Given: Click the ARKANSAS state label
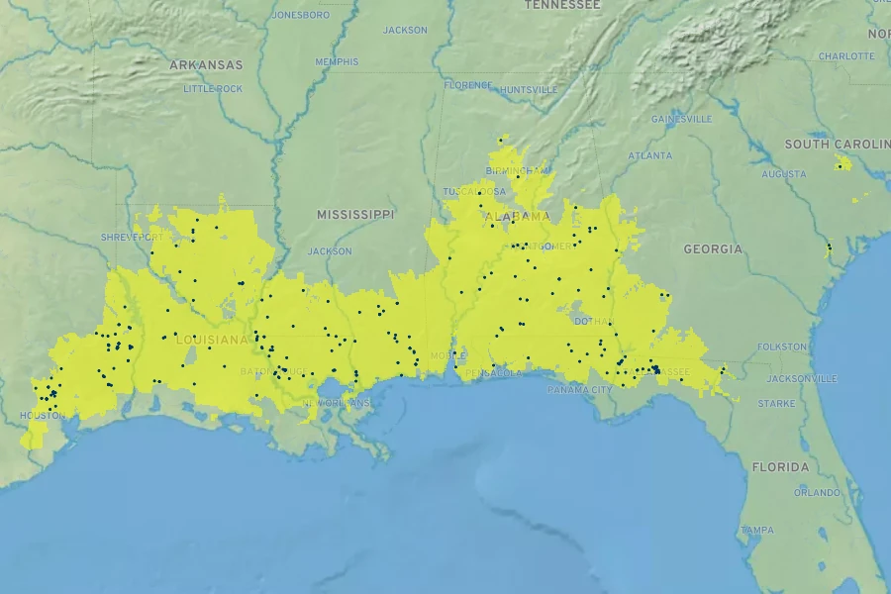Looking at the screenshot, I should pyautogui.click(x=206, y=65).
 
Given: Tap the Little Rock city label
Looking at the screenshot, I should pyautogui.click(x=213, y=89).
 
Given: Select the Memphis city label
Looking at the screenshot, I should pyautogui.click(x=337, y=61).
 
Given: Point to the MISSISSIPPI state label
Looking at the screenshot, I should pyautogui.click(x=355, y=214).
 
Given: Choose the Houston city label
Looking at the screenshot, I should pyautogui.click(x=43, y=416).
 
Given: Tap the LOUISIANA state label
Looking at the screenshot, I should pyautogui.click(x=211, y=340).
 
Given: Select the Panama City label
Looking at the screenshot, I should pyautogui.click(x=580, y=390).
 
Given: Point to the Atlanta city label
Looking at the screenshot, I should pyautogui.click(x=649, y=155).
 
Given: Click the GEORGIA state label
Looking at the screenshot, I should pyautogui.click(x=713, y=249).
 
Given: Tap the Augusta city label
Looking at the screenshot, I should pyautogui.click(x=784, y=174).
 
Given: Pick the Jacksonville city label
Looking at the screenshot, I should pyautogui.click(x=802, y=378).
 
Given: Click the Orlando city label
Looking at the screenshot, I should pyautogui.click(x=817, y=492).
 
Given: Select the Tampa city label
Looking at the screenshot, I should pyautogui.click(x=757, y=531).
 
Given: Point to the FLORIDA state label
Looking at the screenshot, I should pyautogui.click(x=780, y=466).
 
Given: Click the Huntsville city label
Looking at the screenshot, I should pyautogui.click(x=529, y=89).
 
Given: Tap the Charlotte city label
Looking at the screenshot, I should pyautogui.click(x=846, y=56).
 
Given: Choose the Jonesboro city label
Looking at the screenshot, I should pyautogui.click(x=300, y=15).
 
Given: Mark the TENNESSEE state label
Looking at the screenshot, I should pyautogui.click(x=562, y=5).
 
